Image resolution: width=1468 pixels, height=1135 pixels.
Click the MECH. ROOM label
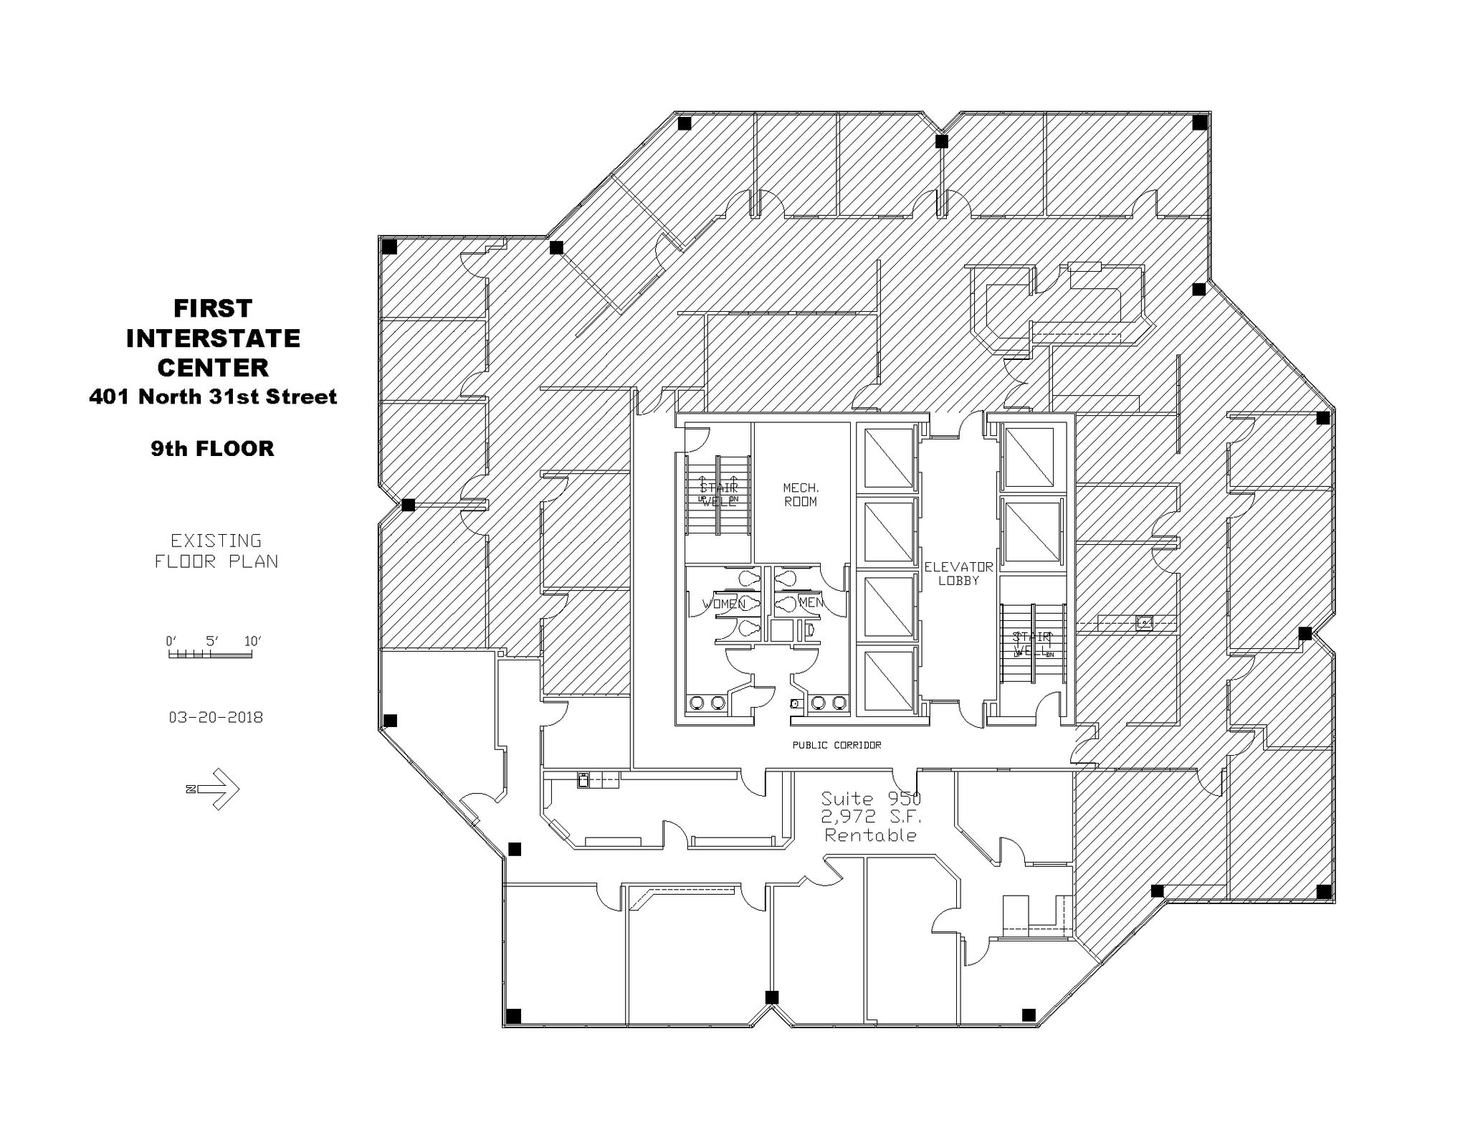point(800,495)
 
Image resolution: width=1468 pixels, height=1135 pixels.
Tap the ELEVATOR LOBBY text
point(958,574)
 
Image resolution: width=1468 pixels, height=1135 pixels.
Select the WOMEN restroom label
point(723,604)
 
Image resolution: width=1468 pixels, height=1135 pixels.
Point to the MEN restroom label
point(811,602)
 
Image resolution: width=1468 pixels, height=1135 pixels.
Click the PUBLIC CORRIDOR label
point(837,745)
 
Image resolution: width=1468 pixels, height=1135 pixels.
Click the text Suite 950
point(870,799)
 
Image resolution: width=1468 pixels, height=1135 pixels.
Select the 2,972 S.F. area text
point(870,817)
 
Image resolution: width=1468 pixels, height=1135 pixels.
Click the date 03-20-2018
point(216,717)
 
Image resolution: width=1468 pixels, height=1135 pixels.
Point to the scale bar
point(210,654)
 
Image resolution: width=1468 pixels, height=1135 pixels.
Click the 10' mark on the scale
point(252,641)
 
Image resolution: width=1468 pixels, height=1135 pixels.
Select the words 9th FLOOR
point(212,449)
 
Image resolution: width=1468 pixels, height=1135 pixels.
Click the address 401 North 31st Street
point(213,396)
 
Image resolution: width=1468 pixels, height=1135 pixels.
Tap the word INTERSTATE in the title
point(213,338)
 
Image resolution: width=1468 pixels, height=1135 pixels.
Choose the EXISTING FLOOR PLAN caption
point(216,551)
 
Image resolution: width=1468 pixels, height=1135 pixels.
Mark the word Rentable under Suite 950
point(870,835)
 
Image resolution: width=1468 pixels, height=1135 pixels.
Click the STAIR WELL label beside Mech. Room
point(718,495)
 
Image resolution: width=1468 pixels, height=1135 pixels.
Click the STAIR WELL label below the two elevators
point(1032,644)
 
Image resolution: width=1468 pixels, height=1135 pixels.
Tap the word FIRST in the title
point(213,308)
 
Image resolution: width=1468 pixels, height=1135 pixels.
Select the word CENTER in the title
point(213,368)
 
